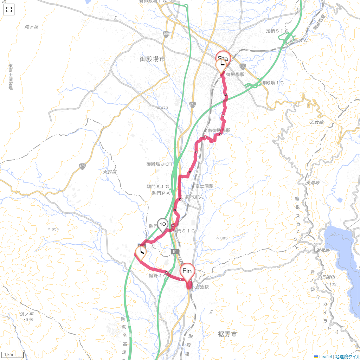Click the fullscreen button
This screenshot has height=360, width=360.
[9, 9]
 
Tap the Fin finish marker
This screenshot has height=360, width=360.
[187, 271]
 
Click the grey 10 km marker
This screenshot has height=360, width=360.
[162, 224]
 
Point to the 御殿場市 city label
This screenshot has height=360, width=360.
[152, 59]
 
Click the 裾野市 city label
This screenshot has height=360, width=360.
[227, 334]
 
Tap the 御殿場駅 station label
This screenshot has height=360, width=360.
[235, 75]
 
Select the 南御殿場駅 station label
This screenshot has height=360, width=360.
[219, 130]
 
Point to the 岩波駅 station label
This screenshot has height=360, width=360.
[202, 287]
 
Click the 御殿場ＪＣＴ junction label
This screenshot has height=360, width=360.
[160, 164]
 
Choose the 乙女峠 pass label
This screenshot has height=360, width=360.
[316, 122]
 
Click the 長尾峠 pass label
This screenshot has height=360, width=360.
[313, 182]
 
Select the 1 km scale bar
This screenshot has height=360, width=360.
[13, 355]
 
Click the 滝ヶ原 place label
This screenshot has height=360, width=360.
[32, 27]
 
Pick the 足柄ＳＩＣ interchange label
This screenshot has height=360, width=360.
[277, 31]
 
